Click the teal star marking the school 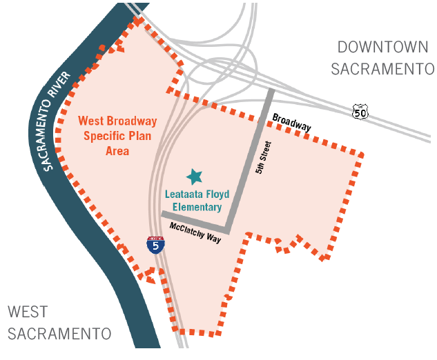click(195, 177)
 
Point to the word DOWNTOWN click(382, 48)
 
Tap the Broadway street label click(291, 123)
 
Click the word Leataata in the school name click(187, 195)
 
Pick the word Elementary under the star click(193, 207)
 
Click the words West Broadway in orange click(117, 121)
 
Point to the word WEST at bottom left click(28, 312)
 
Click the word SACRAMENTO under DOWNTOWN click(382, 70)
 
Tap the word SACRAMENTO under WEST click(59, 334)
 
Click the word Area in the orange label click(117, 150)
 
